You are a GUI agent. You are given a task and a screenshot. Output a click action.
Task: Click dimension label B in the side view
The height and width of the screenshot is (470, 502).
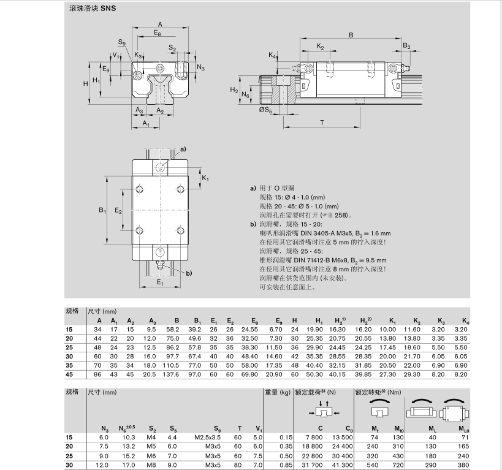[351, 35]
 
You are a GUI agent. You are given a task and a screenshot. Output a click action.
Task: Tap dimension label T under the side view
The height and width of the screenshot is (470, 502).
[322, 123]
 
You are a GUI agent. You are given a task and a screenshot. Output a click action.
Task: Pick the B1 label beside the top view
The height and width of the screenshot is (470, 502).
[102, 210]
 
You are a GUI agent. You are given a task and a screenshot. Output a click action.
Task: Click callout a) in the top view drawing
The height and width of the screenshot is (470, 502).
[183, 149]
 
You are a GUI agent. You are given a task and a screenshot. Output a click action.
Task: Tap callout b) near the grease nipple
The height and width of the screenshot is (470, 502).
[189, 273]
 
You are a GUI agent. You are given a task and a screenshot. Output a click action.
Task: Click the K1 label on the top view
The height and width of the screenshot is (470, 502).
[205, 178]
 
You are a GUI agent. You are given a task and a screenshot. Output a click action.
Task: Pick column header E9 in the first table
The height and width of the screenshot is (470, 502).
[279, 321]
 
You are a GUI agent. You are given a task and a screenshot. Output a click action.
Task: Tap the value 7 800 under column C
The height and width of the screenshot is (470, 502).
[314, 437]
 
